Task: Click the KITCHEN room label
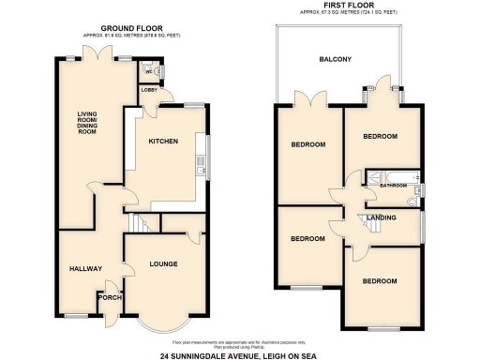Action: pyautogui.click(x=161, y=141)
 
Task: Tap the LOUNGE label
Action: pyautogui.click(x=162, y=263)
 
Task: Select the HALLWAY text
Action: pyautogui.click(x=85, y=269)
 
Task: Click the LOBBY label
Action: pyautogui.click(x=149, y=90)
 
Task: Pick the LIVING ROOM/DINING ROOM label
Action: pyautogui.click(x=87, y=123)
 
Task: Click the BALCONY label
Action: pyautogui.click(x=335, y=60)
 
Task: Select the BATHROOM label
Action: pyautogui.click(x=394, y=186)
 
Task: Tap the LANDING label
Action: pyautogui.click(x=382, y=217)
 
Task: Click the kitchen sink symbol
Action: pyautogui.click(x=202, y=166)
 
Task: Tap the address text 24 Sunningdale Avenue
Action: pyautogui.click(x=239, y=353)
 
